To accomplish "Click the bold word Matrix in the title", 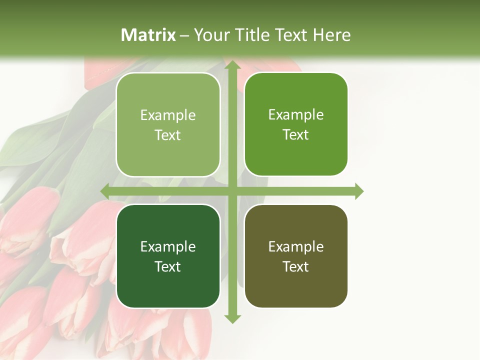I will click(148, 35).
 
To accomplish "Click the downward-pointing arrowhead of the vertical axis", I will click(232, 318).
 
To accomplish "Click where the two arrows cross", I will click(232, 191).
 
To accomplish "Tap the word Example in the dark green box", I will click(168, 247).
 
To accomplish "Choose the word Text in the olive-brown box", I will click(296, 266).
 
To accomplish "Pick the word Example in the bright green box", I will click(296, 115).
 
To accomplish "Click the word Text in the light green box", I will click(168, 135).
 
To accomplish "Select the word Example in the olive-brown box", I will click(296, 247).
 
